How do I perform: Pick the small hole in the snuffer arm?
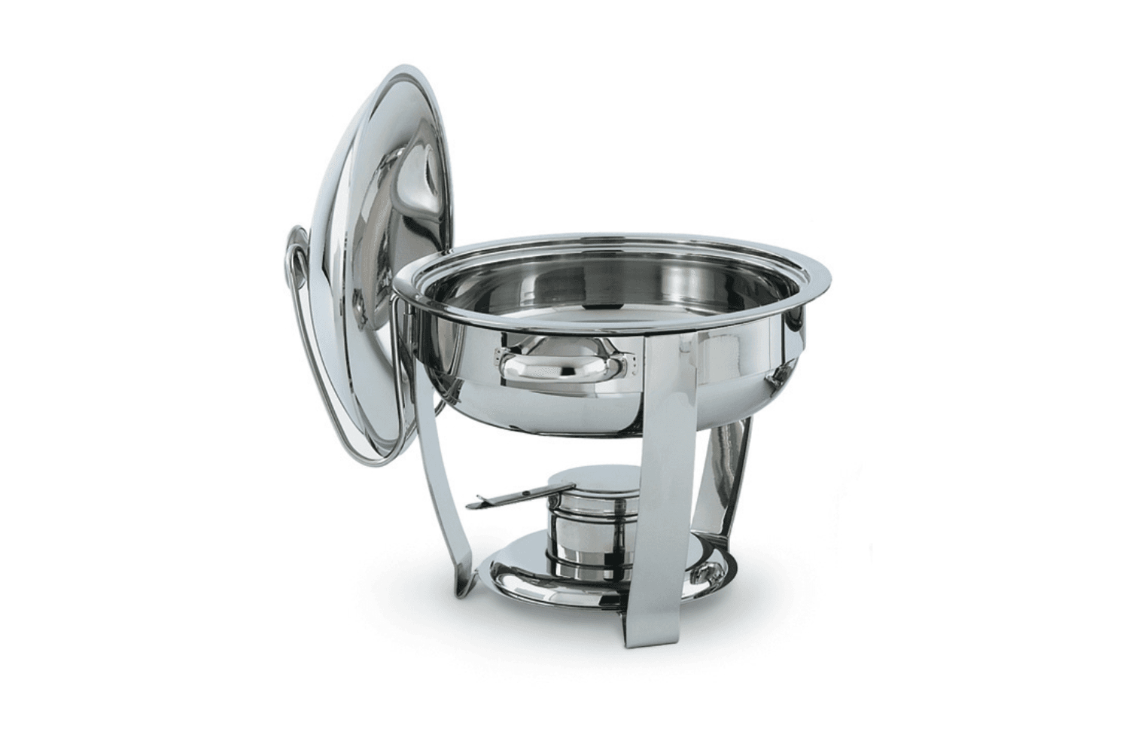point(482,501)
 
